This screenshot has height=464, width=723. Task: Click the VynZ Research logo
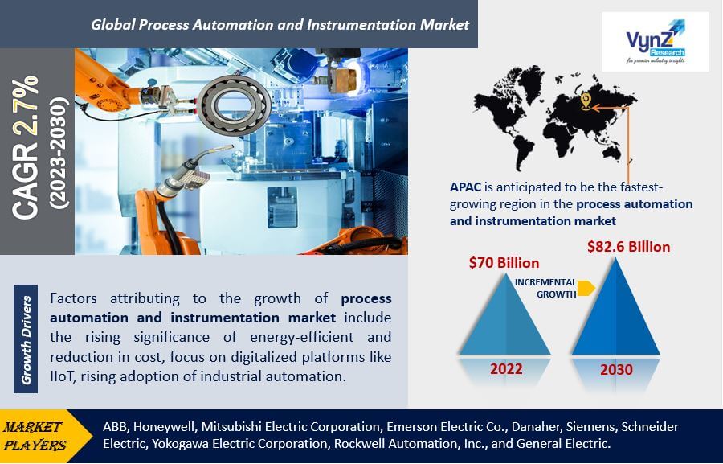point(656,42)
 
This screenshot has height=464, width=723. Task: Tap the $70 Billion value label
point(504,263)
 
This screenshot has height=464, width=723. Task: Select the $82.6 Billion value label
point(628,247)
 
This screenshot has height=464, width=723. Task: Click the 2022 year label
point(506,369)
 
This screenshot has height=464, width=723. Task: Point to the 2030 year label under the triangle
point(616,369)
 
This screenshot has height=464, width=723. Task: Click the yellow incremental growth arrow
point(586,288)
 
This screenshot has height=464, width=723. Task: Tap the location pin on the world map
point(586,101)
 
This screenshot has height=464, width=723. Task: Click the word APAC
point(465,187)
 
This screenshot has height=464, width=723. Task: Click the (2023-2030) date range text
point(59,152)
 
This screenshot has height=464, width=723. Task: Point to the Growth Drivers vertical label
point(26,339)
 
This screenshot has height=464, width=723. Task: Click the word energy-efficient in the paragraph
point(302,338)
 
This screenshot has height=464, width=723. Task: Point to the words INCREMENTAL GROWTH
point(545,288)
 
